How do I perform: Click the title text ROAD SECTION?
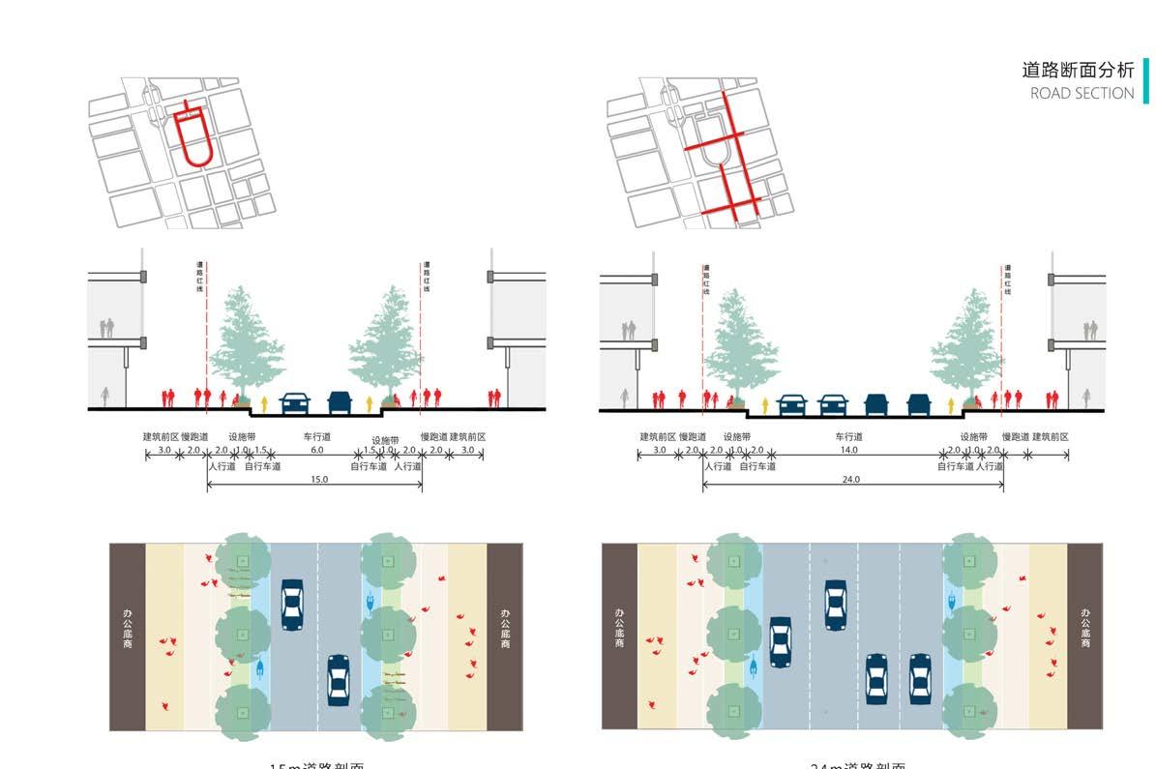(x=1082, y=94)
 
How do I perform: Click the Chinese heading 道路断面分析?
(x=1078, y=70)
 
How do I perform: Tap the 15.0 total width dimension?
(x=318, y=480)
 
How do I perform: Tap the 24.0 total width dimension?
(x=851, y=480)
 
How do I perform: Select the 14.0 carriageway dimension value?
(x=849, y=451)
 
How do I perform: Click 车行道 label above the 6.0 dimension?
(x=316, y=437)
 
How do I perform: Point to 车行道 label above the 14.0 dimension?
(x=849, y=437)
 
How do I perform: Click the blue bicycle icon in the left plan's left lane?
(x=260, y=668)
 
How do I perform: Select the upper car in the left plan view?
(x=291, y=605)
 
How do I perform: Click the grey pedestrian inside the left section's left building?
(x=104, y=396)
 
